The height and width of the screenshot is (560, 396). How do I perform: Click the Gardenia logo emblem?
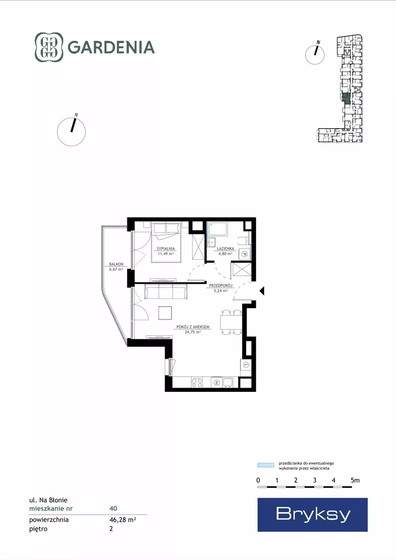pyautogui.click(x=49, y=47)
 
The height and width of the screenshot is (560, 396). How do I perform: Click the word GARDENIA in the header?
pyautogui.click(x=111, y=48)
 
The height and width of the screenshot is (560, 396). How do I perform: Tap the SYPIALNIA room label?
pyautogui.click(x=166, y=249)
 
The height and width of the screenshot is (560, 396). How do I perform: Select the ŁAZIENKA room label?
pyautogui.click(x=225, y=249)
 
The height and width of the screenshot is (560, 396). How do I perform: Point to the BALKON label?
pyautogui.click(x=116, y=264)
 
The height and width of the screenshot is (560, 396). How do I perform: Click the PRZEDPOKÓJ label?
pyautogui.click(x=221, y=286)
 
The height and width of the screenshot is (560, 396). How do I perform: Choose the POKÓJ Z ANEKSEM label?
pyautogui.click(x=192, y=327)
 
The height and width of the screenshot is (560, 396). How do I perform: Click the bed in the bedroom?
pyautogui.click(x=166, y=242)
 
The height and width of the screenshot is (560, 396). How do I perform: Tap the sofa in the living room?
pyautogui.click(x=166, y=291)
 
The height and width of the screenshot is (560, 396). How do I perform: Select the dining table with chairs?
pyautogui.click(x=231, y=322)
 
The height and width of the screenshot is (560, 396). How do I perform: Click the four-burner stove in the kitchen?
pyautogui.click(x=197, y=382)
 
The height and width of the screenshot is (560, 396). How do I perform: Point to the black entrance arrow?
pyautogui.click(x=262, y=291)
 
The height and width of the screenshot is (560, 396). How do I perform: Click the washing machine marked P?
pyautogui.click(x=244, y=254)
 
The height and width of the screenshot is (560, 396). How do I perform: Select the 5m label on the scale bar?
pyautogui.click(x=355, y=480)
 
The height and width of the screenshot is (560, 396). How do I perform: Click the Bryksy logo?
pyautogui.click(x=312, y=514)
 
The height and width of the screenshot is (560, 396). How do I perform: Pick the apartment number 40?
pyautogui.click(x=113, y=508)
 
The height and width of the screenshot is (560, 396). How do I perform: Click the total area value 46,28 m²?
pyautogui.click(x=122, y=519)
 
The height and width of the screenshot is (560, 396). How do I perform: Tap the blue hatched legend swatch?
pyautogui.click(x=266, y=465)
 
